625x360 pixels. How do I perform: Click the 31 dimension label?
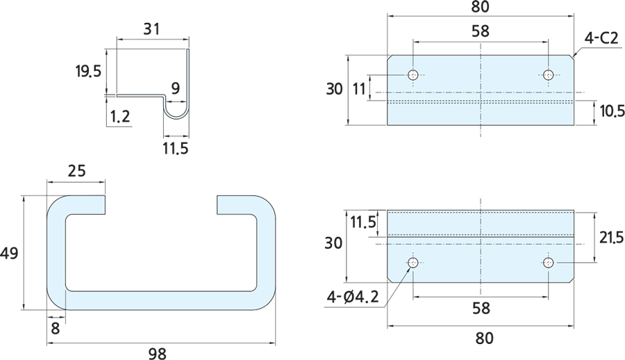(151, 29)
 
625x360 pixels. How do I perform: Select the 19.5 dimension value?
(88, 70)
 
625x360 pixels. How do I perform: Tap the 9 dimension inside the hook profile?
(174, 88)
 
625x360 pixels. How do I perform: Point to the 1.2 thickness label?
(119, 116)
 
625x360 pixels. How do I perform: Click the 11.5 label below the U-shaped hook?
(175, 147)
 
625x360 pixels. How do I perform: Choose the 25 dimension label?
(77, 170)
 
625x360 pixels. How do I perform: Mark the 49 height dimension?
(10, 254)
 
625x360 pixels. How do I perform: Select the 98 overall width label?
(158, 353)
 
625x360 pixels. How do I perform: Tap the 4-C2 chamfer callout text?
(601, 39)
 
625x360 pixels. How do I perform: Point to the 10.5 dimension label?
(610, 111)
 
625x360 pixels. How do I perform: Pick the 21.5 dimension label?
(610, 238)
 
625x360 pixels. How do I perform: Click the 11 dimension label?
(358, 88)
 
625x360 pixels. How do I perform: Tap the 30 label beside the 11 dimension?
(335, 89)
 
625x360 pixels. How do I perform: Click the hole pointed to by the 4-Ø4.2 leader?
(413, 263)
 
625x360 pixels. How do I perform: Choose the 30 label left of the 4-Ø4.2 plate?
(335, 243)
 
